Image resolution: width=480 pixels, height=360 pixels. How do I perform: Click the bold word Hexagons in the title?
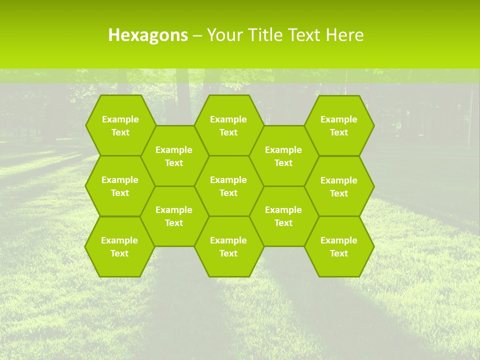[x=148, y=35]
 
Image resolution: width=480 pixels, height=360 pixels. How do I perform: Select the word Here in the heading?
[x=344, y=35]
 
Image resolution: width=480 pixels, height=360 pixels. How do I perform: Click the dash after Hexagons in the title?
[x=197, y=35]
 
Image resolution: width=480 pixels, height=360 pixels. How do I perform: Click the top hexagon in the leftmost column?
[x=120, y=125]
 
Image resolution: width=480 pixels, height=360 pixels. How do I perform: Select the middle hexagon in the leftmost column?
[x=120, y=186]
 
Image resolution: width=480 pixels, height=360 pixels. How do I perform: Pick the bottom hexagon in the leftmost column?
[x=120, y=246]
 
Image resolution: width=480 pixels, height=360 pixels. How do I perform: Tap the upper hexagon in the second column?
[x=174, y=156]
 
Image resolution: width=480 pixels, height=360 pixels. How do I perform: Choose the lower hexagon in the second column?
[x=174, y=216]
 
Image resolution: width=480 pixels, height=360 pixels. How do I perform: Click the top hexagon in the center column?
[x=228, y=125]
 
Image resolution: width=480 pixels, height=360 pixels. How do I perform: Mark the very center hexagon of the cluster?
[x=228, y=186]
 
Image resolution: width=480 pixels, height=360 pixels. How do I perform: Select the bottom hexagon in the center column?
[x=228, y=246]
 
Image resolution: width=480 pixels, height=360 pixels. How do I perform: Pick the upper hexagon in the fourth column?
[x=283, y=156]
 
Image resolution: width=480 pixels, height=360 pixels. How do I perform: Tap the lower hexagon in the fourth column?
[x=283, y=216]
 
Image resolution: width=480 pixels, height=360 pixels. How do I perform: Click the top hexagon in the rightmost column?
[x=339, y=125]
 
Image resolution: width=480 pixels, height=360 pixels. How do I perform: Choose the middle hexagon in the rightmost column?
[x=339, y=186]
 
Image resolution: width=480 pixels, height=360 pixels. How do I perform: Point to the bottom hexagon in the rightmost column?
[x=339, y=246]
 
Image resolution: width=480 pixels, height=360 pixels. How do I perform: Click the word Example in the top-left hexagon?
[x=120, y=119]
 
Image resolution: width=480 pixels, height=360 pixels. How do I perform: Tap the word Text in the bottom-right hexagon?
[x=339, y=253]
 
